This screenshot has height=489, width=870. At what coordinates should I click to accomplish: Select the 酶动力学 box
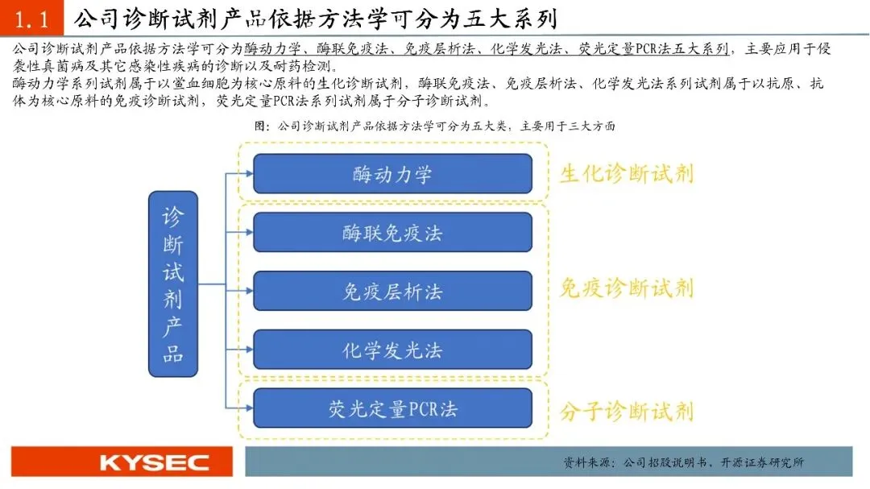tap(392, 173)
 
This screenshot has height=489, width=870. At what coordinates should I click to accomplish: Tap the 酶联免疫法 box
tap(392, 233)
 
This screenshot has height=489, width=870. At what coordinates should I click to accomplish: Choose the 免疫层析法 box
tap(392, 291)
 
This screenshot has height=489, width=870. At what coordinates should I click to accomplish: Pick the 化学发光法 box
tap(392, 350)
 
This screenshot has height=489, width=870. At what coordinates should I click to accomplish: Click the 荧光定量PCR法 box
tap(392, 408)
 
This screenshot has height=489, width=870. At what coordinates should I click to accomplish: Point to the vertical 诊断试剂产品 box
tap(173, 284)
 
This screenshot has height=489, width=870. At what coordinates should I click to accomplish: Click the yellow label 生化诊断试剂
tap(627, 173)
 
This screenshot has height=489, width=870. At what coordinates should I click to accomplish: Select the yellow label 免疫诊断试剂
tap(627, 288)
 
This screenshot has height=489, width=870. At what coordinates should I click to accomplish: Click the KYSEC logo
tap(154, 462)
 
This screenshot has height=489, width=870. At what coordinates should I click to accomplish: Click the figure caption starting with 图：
tap(435, 126)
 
